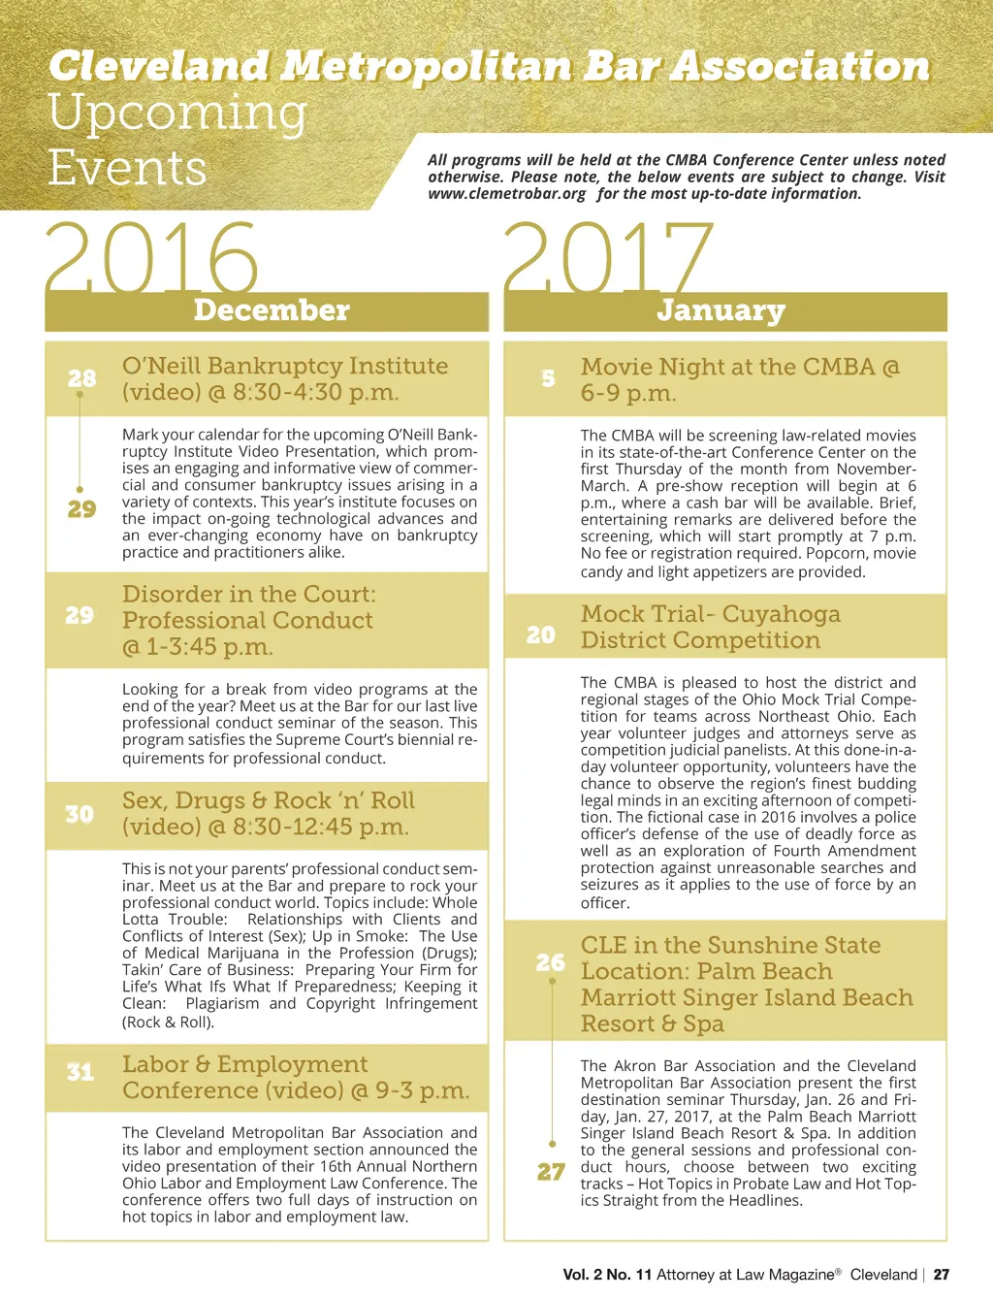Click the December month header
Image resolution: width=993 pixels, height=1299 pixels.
[x=271, y=310]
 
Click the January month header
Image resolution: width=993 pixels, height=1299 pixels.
[x=721, y=310]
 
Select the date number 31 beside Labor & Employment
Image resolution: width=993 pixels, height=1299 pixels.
[x=80, y=1072]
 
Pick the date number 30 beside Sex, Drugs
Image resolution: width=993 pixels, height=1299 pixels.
[x=80, y=814]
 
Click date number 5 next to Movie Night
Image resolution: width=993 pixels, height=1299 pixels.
[x=548, y=378]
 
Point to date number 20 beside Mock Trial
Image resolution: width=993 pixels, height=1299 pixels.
[x=541, y=634]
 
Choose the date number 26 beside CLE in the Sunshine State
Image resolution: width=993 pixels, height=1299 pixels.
[x=550, y=962]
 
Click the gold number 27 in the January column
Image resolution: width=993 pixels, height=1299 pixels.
[x=551, y=1172]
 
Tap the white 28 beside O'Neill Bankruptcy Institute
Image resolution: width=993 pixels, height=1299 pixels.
[x=81, y=378]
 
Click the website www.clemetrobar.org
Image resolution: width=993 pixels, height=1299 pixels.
[x=507, y=194]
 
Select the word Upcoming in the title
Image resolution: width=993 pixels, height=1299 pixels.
[x=177, y=113]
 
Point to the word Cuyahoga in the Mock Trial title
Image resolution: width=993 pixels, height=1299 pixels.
[x=781, y=614]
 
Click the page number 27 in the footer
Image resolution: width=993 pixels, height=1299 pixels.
[x=941, y=1275]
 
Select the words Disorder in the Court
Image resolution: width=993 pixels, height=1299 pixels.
[x=248, y=594]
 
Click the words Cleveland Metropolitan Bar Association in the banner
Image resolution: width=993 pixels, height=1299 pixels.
[x=489, y=66]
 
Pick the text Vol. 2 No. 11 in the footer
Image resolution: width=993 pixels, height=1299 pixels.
[x=607, y=1275]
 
